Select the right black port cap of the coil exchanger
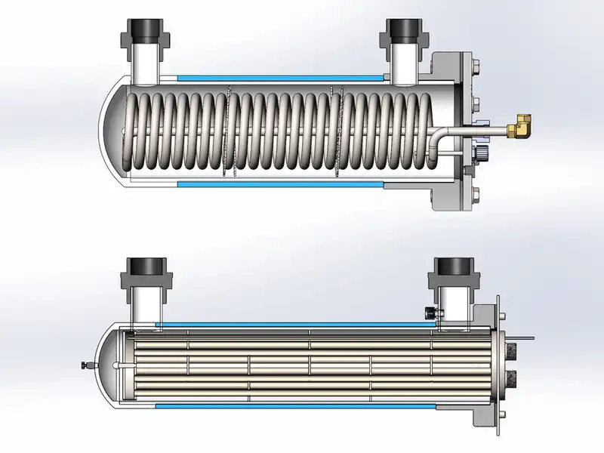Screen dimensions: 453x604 click(401, 32)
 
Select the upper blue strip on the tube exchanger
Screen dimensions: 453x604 click(294, 324)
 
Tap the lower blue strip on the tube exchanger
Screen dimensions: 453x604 click(294, 406)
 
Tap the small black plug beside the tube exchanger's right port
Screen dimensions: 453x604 click(431, 312)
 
